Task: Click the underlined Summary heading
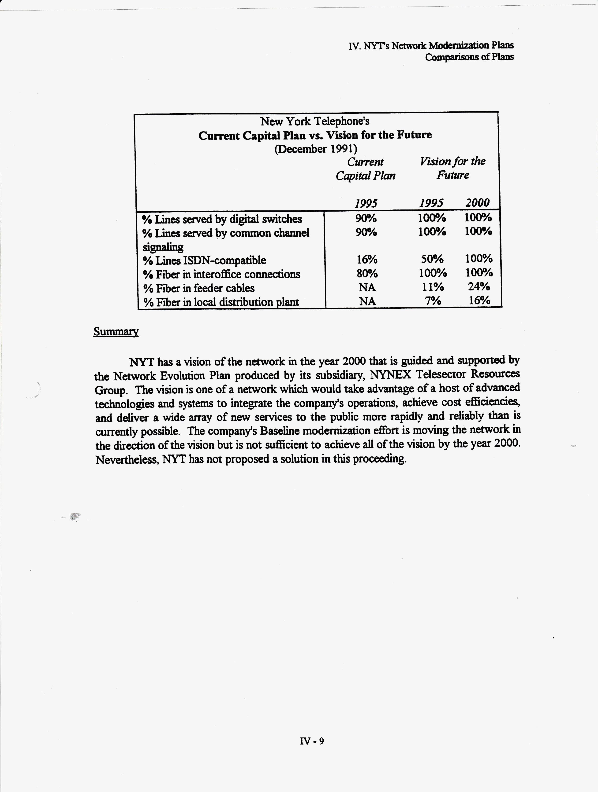click(x=116, y=332)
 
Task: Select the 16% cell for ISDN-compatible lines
click(x=366, y=259)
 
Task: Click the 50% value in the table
click(x=432, y=259)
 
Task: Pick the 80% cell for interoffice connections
click(x=367, y=274)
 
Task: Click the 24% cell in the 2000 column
click(x=479, y=286)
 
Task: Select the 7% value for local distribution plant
click(x=433, y=301)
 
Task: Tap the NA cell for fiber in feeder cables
click(x=367, y=287)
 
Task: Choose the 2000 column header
click(x=477, y=203)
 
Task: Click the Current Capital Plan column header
click(x=365, y=169)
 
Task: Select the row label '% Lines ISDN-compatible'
click(x=204, y=260)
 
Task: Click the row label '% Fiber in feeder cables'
click(x=199, y=288)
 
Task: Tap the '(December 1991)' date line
click(x=315, y=149)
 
